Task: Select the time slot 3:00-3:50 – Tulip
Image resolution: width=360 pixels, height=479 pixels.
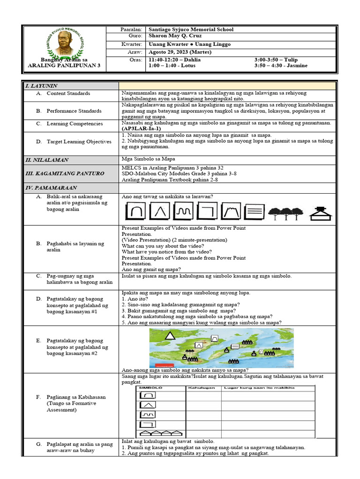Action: [x=276, y=60]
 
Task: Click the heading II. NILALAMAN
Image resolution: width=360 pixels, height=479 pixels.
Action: [x=47, y=160]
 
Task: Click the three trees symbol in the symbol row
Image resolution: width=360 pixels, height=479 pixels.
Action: [x=285, y=213]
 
